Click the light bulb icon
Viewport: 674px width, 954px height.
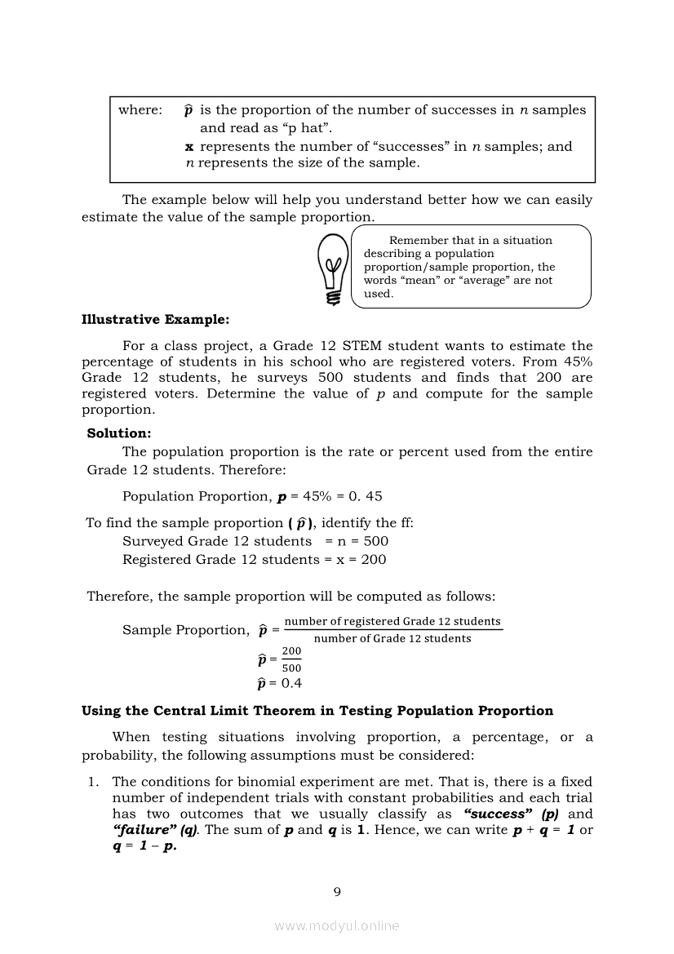[332, 268]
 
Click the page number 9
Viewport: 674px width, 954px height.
[337, 891]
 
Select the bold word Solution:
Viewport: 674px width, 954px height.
[119, 433]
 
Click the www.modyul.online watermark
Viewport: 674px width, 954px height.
[337, 925]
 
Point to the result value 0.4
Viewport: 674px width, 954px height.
[291, 683]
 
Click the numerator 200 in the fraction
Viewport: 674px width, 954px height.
[291, 650]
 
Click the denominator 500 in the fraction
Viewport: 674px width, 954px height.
[291, 668]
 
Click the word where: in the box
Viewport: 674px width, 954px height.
[140, 109]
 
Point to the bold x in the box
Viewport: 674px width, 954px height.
[189, 147]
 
